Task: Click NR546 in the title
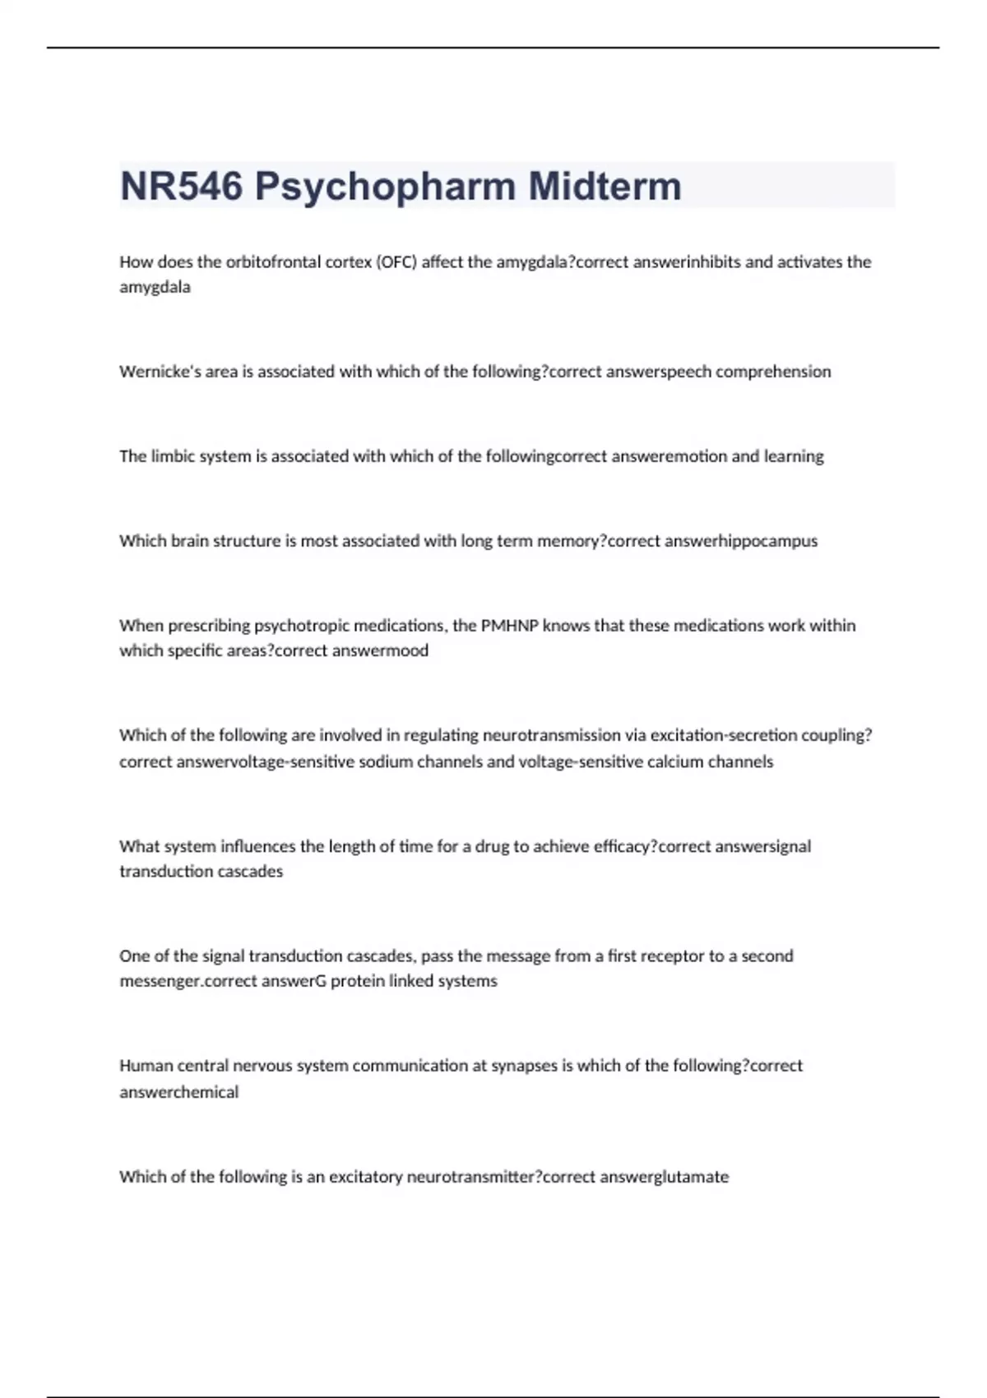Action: pyautogui.click(x=181, y=186)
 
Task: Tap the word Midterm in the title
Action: pyautogui.click(x=605, y=186)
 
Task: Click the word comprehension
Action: pyautogui.click(x=773, y=372)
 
